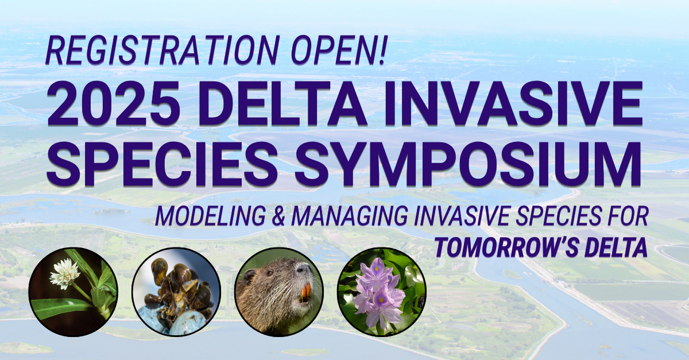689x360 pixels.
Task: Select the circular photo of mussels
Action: (x=176, y=292)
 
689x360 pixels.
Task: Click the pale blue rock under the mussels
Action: (x=184, y=322)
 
